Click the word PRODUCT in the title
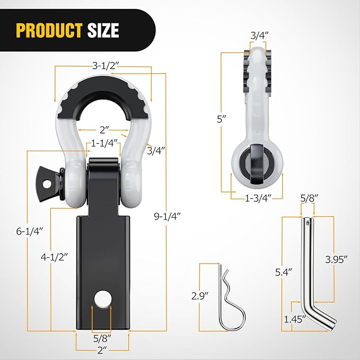(49, 30)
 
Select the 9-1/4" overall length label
(167, 216)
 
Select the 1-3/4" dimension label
(259, 198)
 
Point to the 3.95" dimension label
(336, 259)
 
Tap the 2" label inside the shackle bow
(103, 129)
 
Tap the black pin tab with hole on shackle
(49, 182)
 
